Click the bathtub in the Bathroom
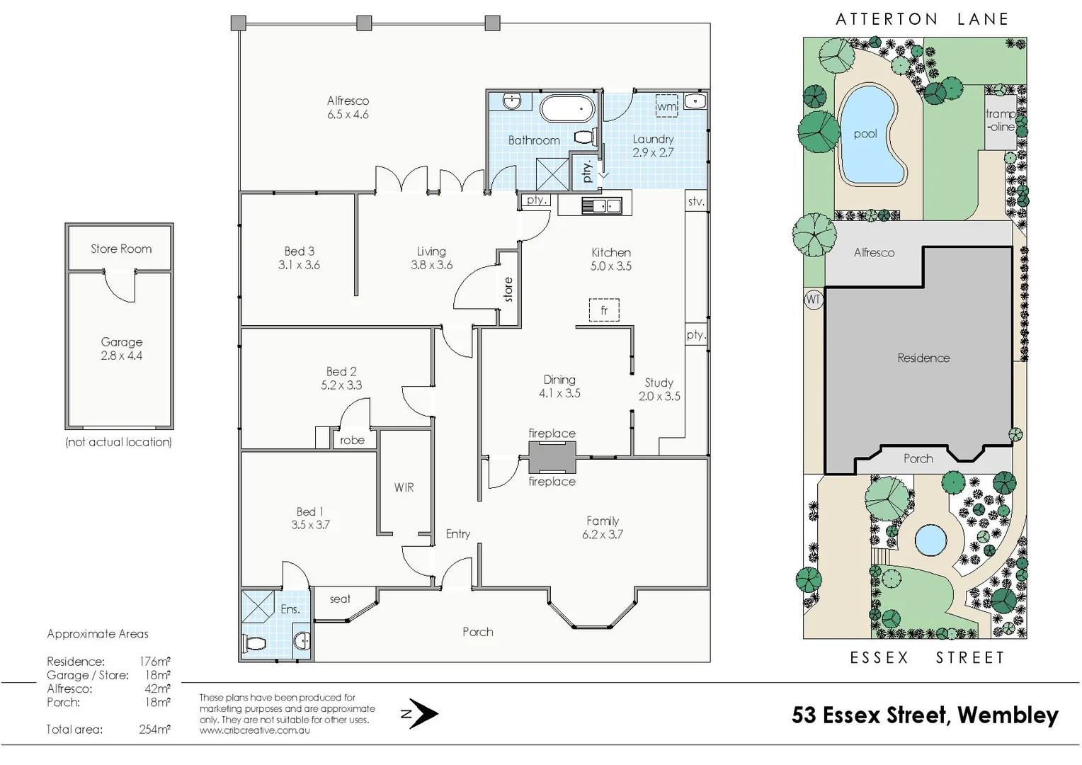566,108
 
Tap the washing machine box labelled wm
666,106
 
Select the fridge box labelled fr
604,310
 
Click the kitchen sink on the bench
601,206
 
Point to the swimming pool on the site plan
868,136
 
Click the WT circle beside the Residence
814,300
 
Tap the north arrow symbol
420,713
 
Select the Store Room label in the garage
121,249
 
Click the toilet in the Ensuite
254,643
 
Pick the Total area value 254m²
154,730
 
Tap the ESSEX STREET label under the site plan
928,658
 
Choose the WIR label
404,487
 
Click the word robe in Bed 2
352,441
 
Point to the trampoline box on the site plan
1001,122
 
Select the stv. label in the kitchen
696,201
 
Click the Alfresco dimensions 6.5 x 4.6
348,115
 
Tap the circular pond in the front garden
930,540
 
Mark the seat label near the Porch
340,599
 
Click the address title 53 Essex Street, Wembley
925,715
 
